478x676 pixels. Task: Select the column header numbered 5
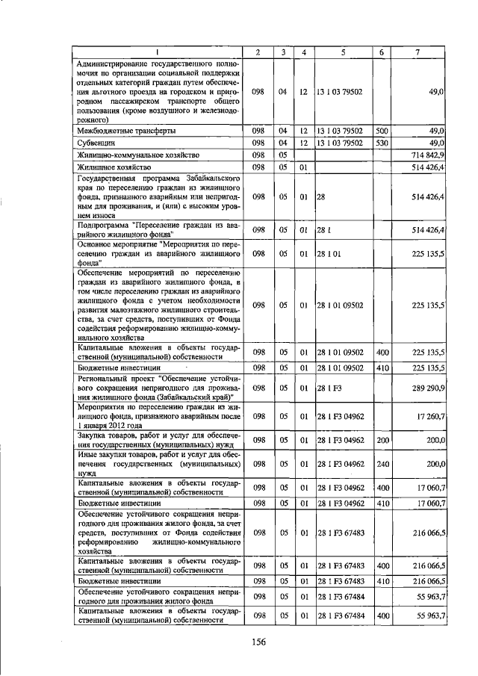point(343,52)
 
